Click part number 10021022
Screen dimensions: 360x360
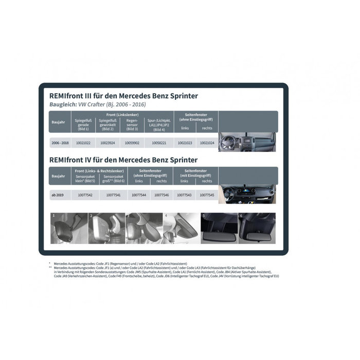83,142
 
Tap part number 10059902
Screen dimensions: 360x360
133,142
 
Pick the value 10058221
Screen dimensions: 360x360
157,142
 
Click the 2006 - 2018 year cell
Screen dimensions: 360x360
59,142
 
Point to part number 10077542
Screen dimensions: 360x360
85,195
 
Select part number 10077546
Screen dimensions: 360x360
161,195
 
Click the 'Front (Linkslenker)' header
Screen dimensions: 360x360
121,114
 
